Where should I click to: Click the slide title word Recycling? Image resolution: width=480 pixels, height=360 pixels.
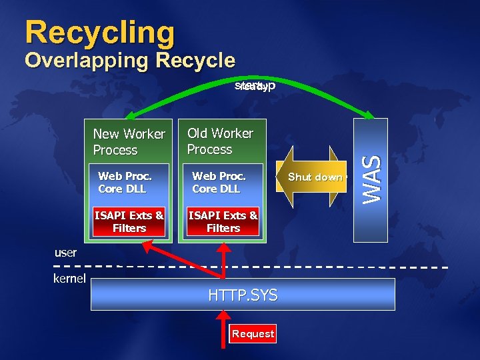[x=99, y=32]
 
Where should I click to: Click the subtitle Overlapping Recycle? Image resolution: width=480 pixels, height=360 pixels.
[x=130, y=61]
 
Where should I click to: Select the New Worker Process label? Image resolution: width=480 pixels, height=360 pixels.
[x=129, y=142]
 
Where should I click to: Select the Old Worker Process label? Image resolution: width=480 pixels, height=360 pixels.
[x=220, y=141]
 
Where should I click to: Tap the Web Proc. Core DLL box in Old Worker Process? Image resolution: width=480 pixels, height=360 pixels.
[x=219, y=183]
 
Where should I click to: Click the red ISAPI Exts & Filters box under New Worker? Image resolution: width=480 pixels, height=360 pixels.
[x=129, y=222]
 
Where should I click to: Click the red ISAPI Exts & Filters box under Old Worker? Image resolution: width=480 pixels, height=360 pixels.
[x=223, y=222]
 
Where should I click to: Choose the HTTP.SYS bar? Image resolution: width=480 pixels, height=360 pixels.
[x=243, y=295]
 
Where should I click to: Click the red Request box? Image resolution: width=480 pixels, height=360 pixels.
[x=253, y=334]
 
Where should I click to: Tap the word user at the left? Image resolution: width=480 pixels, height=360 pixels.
[x=65, y=253]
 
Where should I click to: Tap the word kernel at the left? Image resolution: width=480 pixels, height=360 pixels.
[x=69, y=278]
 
